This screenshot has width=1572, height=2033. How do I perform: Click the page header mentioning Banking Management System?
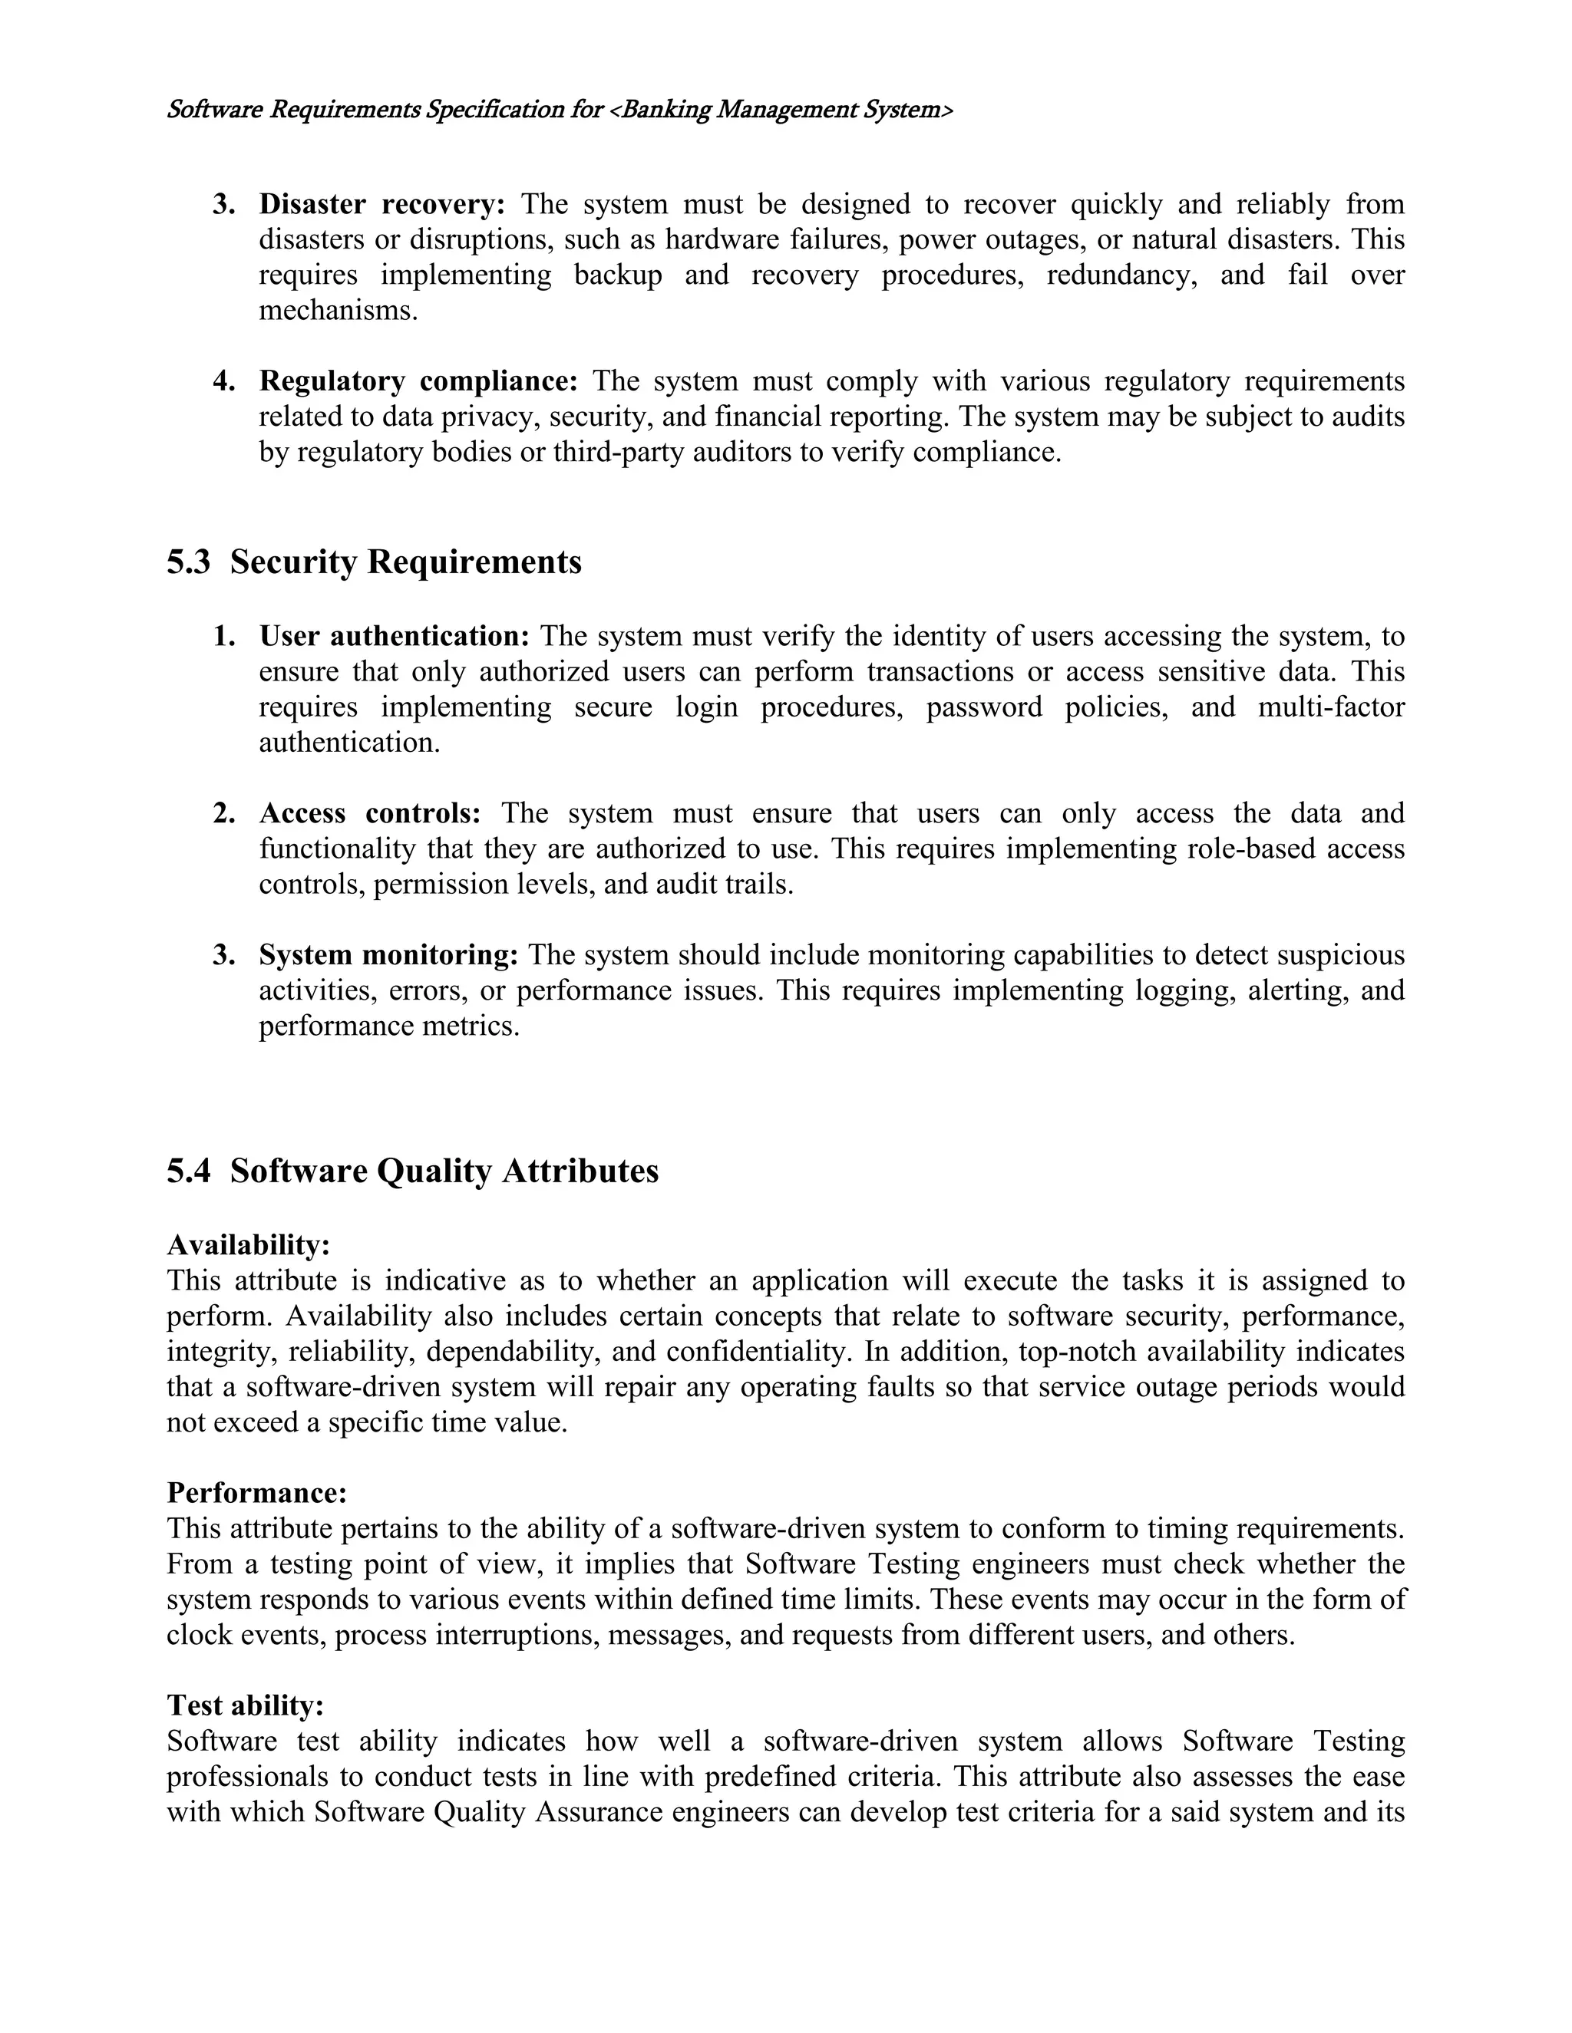point(560,110)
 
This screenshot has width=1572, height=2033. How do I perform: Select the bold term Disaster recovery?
point(381,204)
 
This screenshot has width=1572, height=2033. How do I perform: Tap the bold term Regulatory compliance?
point(418,381)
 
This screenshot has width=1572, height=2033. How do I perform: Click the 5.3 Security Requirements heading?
point(375,562)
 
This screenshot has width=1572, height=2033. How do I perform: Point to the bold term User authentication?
point(394,637)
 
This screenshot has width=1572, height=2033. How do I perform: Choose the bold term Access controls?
point(370,813)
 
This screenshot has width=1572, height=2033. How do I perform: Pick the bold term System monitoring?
point(388,955)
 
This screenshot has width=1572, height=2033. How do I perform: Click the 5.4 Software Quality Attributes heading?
point(412,1171)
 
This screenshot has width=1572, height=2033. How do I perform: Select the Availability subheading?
point(249,1244)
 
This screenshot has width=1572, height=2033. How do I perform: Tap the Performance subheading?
point(257,1493)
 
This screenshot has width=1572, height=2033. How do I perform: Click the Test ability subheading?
point(246,1705)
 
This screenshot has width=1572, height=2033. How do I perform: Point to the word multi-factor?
point(1331,707)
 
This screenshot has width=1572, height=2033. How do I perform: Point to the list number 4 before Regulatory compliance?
point(223,381)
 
